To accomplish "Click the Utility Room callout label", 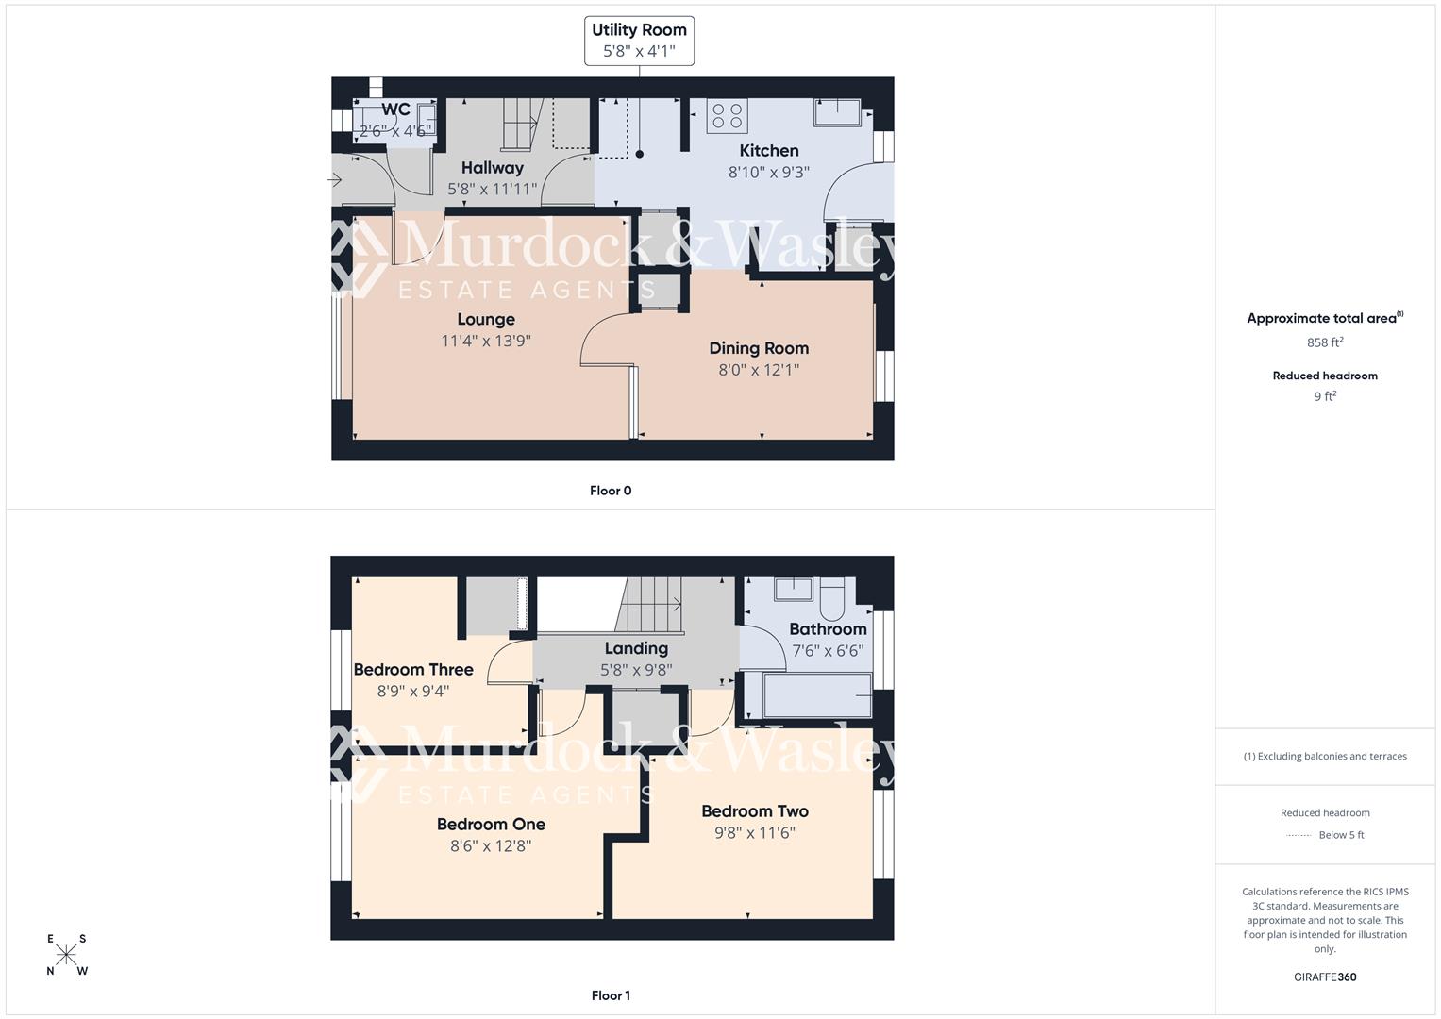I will (x=639, y=41).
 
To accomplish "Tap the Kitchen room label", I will (x=768, y=151).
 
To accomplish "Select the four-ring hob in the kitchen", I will (x=727, y=116).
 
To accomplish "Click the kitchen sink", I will (x=837, y=112).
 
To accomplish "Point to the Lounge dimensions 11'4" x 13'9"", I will (x=486, y=342).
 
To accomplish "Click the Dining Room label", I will (x=759, y=348).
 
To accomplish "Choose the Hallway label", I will (x=492, y=168).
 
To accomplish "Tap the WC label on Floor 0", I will (x=395, y=109).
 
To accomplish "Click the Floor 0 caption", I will (x=611, y=491).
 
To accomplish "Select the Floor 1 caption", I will (x=611, y=995).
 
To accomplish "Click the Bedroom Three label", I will (x=413, y=670).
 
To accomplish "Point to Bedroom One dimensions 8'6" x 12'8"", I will (x=491, y=846).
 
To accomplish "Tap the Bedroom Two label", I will (x=755, y=811).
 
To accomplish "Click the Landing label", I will (x=636, y=648).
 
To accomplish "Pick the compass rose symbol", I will (x=66, y=955).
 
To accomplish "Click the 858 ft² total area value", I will (x=1325, y=342).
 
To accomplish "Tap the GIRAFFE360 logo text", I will (x=1325, y=977).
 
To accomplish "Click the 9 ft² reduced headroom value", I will (x=1325, y=396).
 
